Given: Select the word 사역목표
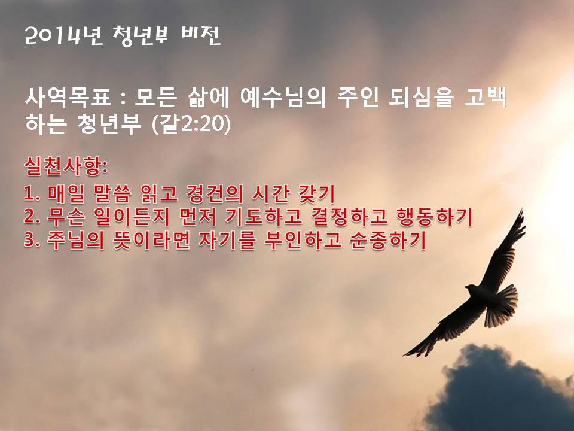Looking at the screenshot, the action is point(68,98).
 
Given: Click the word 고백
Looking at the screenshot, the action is point(486,98).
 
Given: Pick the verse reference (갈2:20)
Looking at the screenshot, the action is point(191,124).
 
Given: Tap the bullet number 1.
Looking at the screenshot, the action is point(32,194).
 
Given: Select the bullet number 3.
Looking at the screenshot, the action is point(32,241).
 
